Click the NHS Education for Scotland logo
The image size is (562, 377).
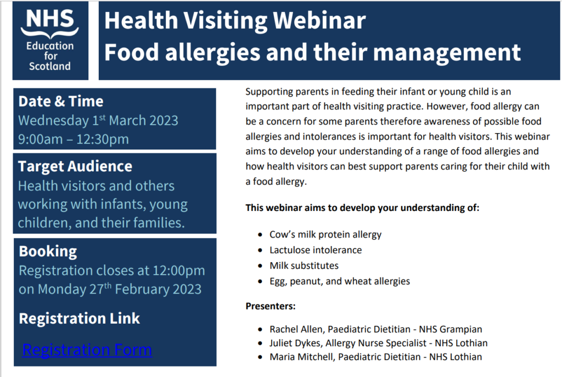click(49, 41)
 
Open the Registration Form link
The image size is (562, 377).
click(87, 350)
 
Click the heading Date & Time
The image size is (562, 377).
click(61, 101)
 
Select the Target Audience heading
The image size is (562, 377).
click(75, 167)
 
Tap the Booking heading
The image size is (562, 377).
click(48, 251)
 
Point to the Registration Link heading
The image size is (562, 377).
click(80, 318)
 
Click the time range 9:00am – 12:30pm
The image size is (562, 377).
click(74, 139)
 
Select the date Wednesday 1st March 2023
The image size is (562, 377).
click(98, 120)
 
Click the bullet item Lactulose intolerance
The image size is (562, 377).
click(316, 250)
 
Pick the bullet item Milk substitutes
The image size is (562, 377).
click(304, 265)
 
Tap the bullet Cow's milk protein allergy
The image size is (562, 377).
click(325, 234)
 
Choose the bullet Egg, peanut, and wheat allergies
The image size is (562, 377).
click(339, 281)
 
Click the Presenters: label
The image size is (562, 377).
click(270, 306)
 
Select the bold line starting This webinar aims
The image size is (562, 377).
click(362, 208)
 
